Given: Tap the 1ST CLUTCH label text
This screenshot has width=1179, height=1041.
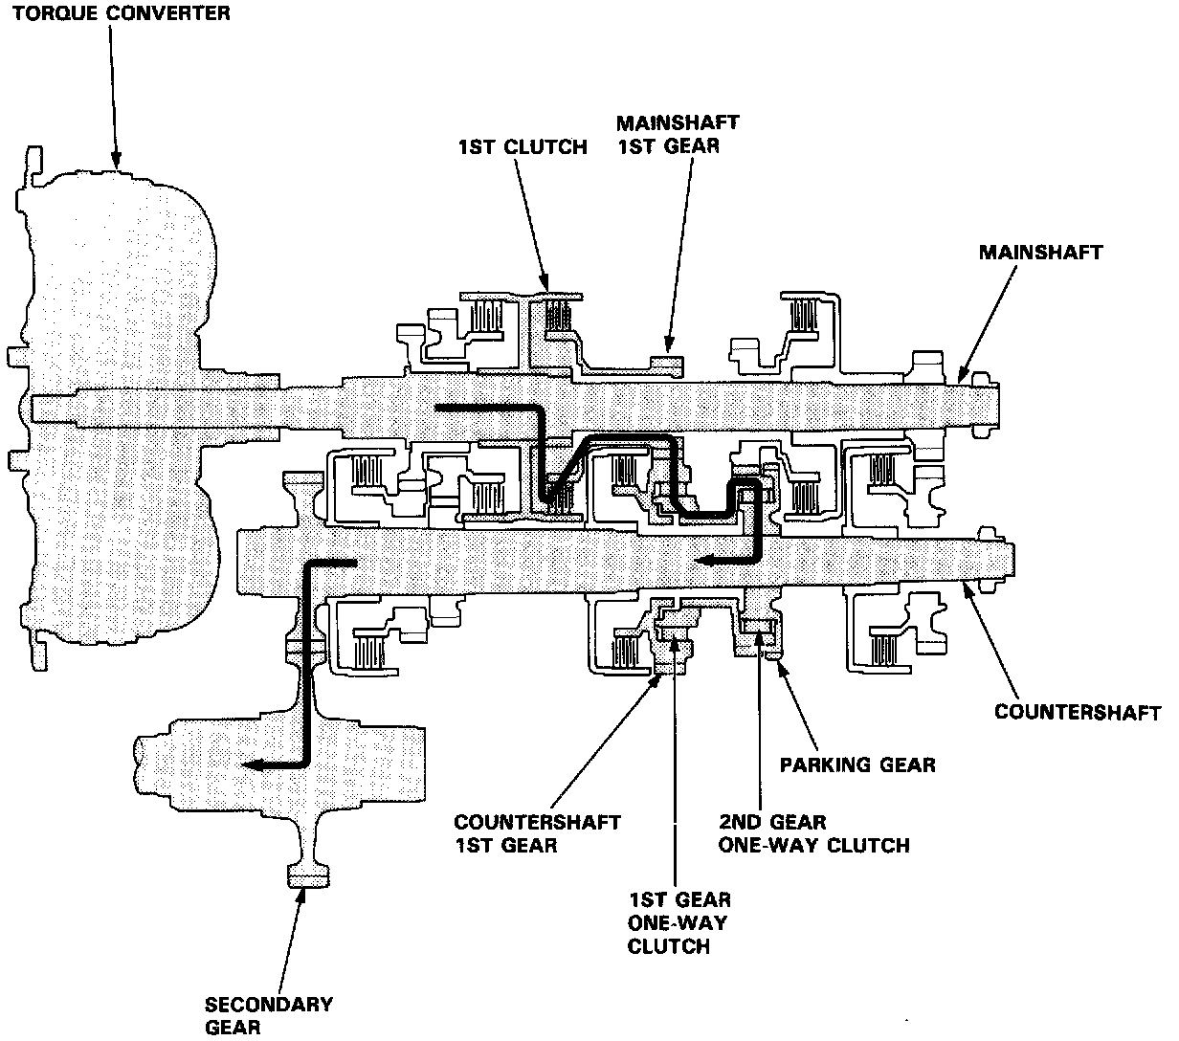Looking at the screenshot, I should [522, 147].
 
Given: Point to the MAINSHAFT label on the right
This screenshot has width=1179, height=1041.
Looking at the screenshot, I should [1041, 253].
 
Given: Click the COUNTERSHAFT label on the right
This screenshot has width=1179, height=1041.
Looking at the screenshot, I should [1078, 713].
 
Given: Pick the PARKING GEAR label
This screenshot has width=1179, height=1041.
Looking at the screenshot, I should [857, 764].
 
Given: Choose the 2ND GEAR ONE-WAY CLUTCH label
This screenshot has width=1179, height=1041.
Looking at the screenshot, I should [812, 833].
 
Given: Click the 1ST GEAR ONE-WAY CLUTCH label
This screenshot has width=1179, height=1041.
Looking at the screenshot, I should [678, 923].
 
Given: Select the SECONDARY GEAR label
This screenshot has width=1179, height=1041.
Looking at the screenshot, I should [269, 1015].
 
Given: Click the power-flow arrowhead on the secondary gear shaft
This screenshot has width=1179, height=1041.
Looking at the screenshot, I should [251, 764].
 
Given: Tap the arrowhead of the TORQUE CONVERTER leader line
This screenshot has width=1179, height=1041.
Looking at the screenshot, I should [118, 166].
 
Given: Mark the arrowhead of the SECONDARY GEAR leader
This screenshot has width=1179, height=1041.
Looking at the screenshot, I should [303, 893].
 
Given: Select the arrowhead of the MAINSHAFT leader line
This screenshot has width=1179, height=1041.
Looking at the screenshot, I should [962, 378].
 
